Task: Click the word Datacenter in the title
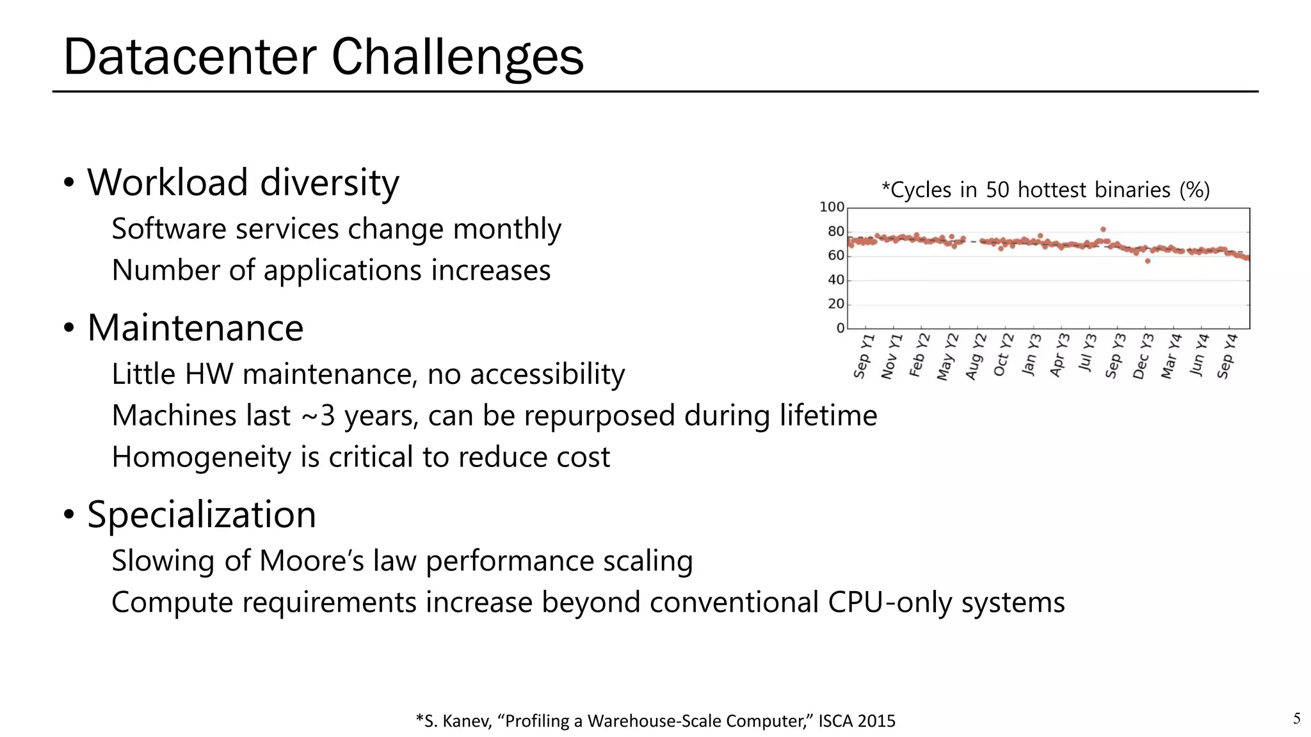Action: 190,57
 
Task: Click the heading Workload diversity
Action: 243,183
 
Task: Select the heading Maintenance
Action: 195,328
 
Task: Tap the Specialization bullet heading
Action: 202,514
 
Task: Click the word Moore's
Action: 312,561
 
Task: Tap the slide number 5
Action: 1296,718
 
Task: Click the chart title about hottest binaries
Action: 1045,190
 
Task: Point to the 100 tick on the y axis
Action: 832,207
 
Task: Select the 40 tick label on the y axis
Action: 835,280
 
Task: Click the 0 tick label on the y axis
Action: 840,328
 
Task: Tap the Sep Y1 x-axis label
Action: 863,356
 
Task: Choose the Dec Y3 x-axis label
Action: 1143,356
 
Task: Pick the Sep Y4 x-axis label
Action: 1227,356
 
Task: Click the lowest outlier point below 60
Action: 1148,261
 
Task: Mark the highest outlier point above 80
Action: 1103,229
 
